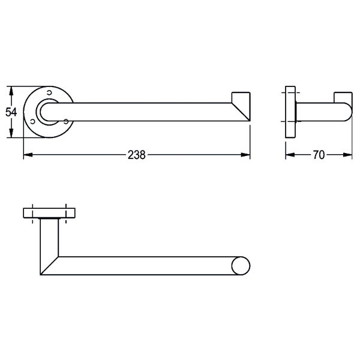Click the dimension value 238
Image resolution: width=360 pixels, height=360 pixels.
pos(137,155)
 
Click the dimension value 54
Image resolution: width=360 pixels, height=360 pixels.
pos(11,112)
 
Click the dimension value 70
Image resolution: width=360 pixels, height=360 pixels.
pos(319,155)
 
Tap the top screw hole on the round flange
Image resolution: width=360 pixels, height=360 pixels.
pos(49,92)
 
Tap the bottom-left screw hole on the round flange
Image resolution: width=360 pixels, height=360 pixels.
pos(32,121)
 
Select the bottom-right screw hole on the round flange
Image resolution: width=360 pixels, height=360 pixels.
pos(66,121)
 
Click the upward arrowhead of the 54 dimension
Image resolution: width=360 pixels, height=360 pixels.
pos(11,91)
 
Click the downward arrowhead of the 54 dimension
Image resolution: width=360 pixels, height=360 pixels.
pos(11,133)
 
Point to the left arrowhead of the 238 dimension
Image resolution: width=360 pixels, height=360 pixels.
pos(28,155)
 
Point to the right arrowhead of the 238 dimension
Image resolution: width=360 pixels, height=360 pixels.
pos(245,155)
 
